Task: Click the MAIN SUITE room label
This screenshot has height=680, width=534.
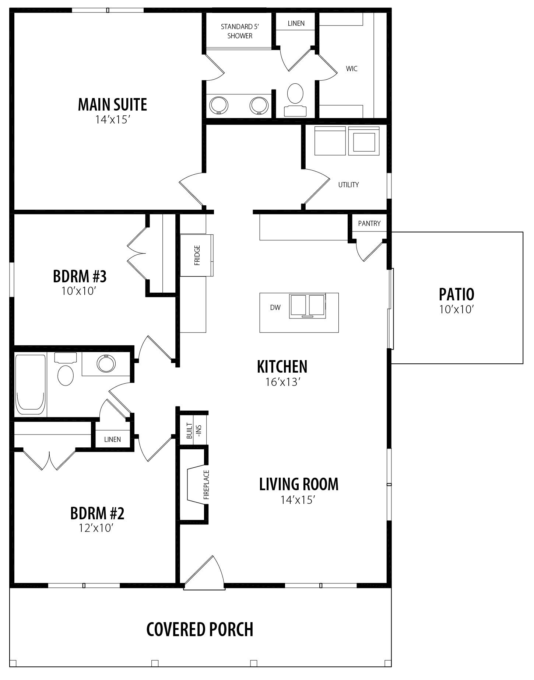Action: click(x=112, y=105)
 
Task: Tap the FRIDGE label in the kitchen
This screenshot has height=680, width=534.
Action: click(x=197, y=255)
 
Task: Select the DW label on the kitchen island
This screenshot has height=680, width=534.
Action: click(x=275, y=307)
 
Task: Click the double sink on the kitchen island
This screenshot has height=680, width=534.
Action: click(x=307, y=306)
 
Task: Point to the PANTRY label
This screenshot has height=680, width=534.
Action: click(x=369, y=224)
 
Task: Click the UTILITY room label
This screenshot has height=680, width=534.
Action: click(x=348, y=185)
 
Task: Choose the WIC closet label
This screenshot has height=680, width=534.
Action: click(x=352, y=69)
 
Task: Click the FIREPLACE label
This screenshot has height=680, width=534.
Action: click(x=206, y=485)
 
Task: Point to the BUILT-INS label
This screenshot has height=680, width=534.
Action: click(x=194, y=430)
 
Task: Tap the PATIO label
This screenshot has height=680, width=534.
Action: click(x=456, y=294)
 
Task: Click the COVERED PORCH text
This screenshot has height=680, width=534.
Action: click(x=200, y=629)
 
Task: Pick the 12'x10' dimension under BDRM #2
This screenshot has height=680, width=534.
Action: click(x=95, y=528)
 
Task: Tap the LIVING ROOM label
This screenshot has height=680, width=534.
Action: click(x=299, y=484)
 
